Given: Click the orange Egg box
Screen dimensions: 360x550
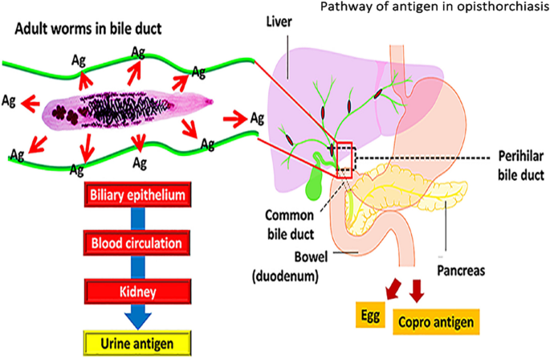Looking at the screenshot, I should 370,314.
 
